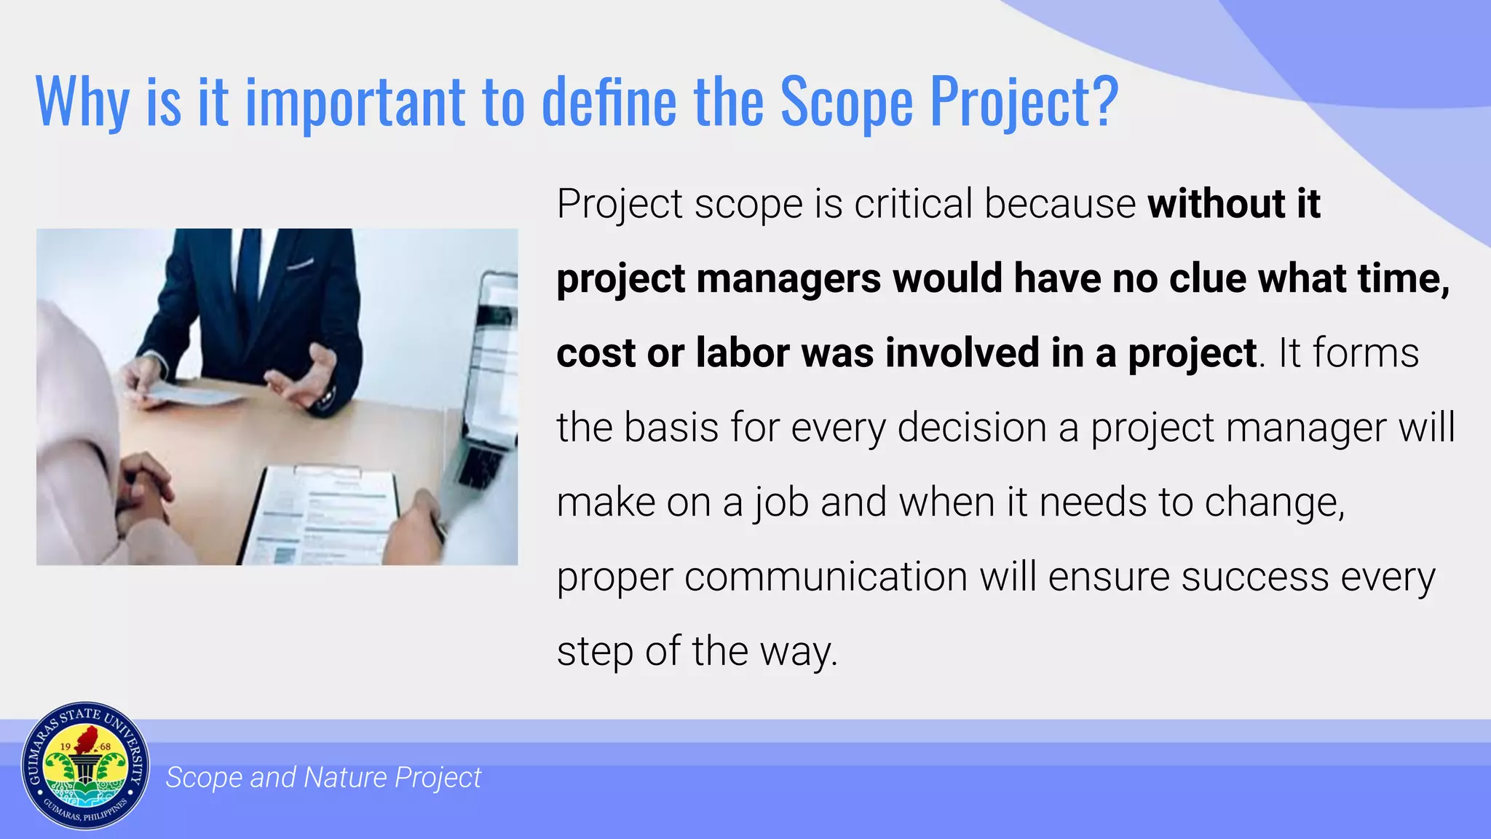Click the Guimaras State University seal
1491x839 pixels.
click(x=85, y=766)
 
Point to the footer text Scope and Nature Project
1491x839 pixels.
click(x=323, y=778)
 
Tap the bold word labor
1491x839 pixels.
click(x=742, y=353)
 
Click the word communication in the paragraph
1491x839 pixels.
click(x=826, y=577)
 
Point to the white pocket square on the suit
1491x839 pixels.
click(x=301, y=264)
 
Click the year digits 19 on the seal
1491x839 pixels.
click(x=65, y=746)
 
